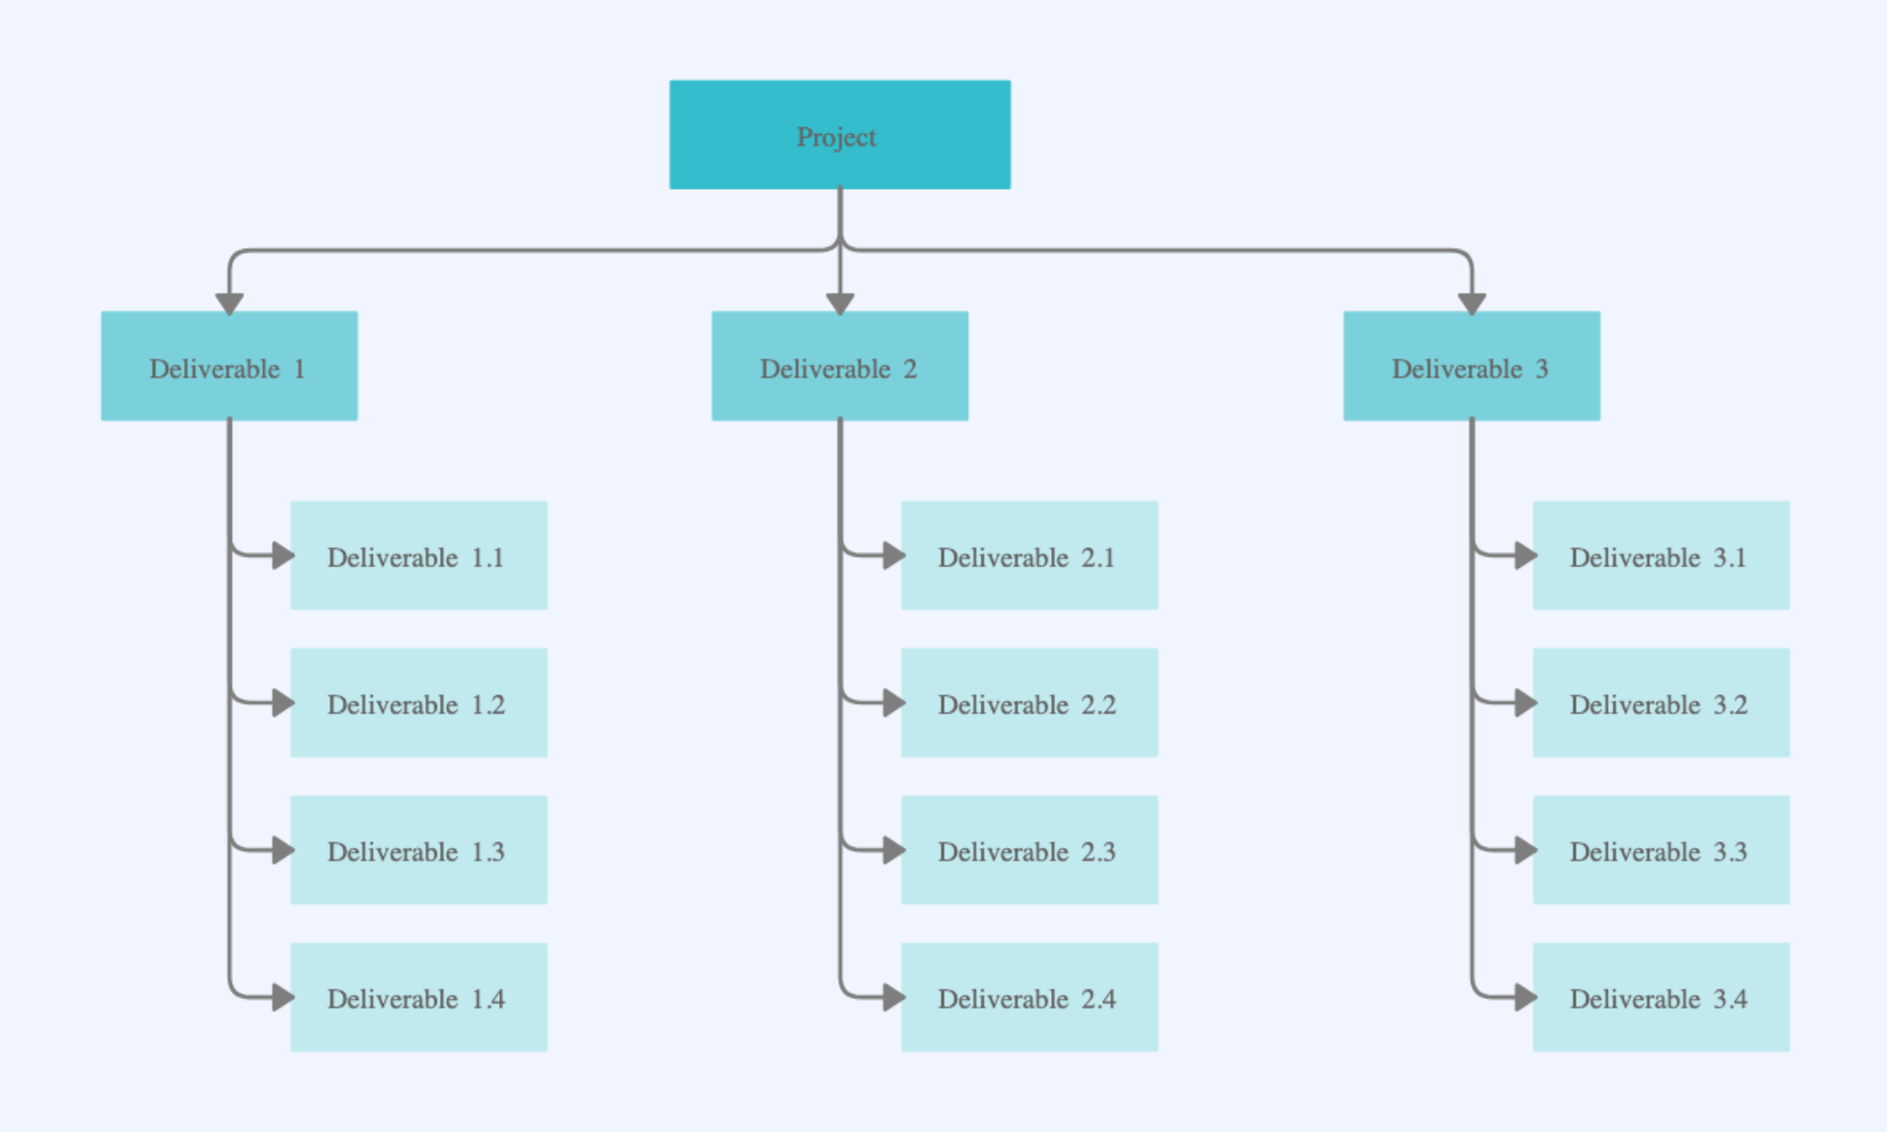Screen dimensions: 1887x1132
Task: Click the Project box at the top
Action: [x=840, y=134]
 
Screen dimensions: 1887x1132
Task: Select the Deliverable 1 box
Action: [x=229, y=366]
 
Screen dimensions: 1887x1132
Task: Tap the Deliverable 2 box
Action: [x=840, y=366]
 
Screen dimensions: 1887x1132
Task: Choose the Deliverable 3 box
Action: [x=1472, y=366]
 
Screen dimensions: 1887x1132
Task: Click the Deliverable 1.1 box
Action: [x=419, y=556]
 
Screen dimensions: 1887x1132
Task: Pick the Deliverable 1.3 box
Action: [x=419, y=850]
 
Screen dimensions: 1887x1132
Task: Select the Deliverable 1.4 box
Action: [x=419, y=997]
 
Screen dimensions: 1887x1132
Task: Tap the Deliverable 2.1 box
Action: [x=1029, y=556]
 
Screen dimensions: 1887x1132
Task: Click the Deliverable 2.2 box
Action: [x=1029, y=703]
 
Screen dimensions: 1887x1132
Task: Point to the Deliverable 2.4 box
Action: [x=1029, y=997]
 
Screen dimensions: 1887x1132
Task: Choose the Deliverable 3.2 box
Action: [x=1662, y=703]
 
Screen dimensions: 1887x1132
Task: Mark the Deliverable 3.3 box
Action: [x=1662, y=850]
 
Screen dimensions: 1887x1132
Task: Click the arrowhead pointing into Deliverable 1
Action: [x=229, y=304]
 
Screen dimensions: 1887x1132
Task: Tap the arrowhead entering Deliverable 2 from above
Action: [x=840, y=304]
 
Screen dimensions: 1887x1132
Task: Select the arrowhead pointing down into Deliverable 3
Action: [x=1472, y=304]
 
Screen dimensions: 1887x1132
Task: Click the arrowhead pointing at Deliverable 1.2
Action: [x=283, y=703]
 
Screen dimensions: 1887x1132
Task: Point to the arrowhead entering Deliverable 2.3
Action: [x=893, y=850]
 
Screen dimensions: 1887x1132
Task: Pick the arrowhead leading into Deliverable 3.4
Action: [x=1526, y=997]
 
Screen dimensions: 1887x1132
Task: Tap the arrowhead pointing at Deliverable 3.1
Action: [x=1526, y=556]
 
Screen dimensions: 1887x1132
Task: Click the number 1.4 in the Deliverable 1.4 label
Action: [x=488, y=999]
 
